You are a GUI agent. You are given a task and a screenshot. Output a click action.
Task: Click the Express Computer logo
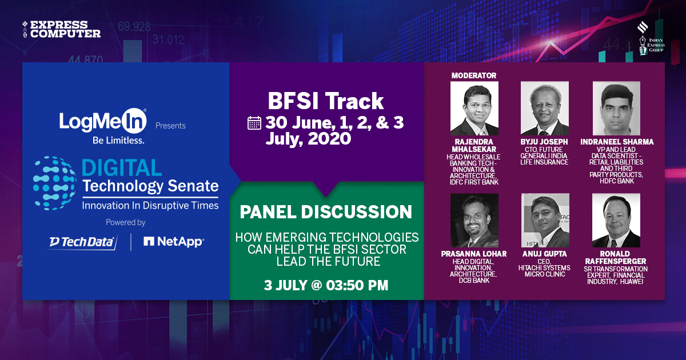click(61, 29)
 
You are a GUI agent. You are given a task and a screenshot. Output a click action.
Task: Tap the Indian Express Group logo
click(649, 39)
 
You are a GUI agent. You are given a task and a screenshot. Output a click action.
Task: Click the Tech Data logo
click(82, 242)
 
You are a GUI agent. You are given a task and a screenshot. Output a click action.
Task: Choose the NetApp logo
click(174, 242)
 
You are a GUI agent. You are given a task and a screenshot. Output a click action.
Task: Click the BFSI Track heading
click(326, 101)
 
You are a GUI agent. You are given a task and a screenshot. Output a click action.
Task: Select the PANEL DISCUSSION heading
click(326, 212)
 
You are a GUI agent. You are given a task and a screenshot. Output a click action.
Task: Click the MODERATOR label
click(474, 75)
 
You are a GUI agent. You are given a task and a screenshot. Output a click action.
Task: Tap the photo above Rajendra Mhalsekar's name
click(474, 108)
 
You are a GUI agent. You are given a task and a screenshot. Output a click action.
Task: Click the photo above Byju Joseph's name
click(544, 108)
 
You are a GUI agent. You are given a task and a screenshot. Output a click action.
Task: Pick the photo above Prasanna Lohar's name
click(474, 220)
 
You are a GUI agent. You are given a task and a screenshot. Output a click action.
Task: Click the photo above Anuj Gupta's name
click(544, 220)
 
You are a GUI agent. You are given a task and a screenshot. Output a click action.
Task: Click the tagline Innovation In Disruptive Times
click(150, 205)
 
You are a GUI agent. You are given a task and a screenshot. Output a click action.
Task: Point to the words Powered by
click(126, 222)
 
